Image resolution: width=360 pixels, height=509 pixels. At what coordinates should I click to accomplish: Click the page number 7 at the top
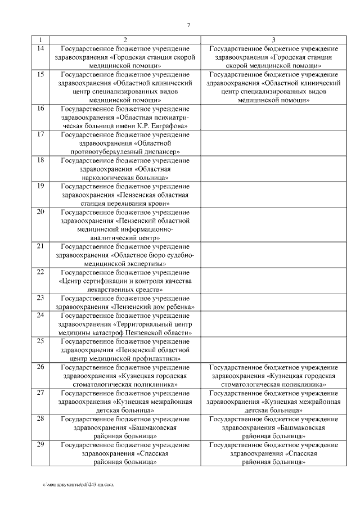coord(188,24)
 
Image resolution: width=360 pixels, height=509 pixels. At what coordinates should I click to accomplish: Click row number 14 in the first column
coord(40,49)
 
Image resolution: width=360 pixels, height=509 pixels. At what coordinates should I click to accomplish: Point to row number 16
coord(40,108)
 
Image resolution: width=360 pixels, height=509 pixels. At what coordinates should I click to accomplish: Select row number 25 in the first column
coord(40,341)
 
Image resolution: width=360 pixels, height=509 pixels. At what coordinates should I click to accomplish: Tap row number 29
coord(40,445)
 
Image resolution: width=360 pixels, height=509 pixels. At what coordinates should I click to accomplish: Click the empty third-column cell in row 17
coord(273,143)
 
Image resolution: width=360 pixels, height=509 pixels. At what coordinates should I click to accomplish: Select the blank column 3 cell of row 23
coord(273,301)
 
